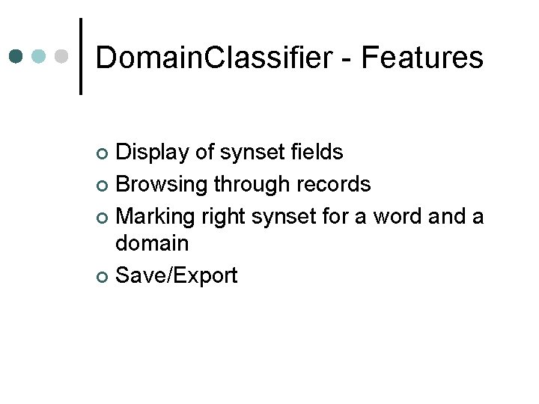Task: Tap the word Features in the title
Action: (x=422, y=58)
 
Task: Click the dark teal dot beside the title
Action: (x=16, y=57)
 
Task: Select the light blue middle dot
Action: (x=40, y=57)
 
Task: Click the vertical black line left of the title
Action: (x=80, y=56)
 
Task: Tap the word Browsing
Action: (x=162, y=184)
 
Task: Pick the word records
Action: (x=335, y=184)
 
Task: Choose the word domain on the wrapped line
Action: (x=151, y=244)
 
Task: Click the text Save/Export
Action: (x=177, y=275)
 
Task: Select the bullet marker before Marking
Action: (x=103, y=217)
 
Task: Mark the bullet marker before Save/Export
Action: (x=103, y=277)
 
